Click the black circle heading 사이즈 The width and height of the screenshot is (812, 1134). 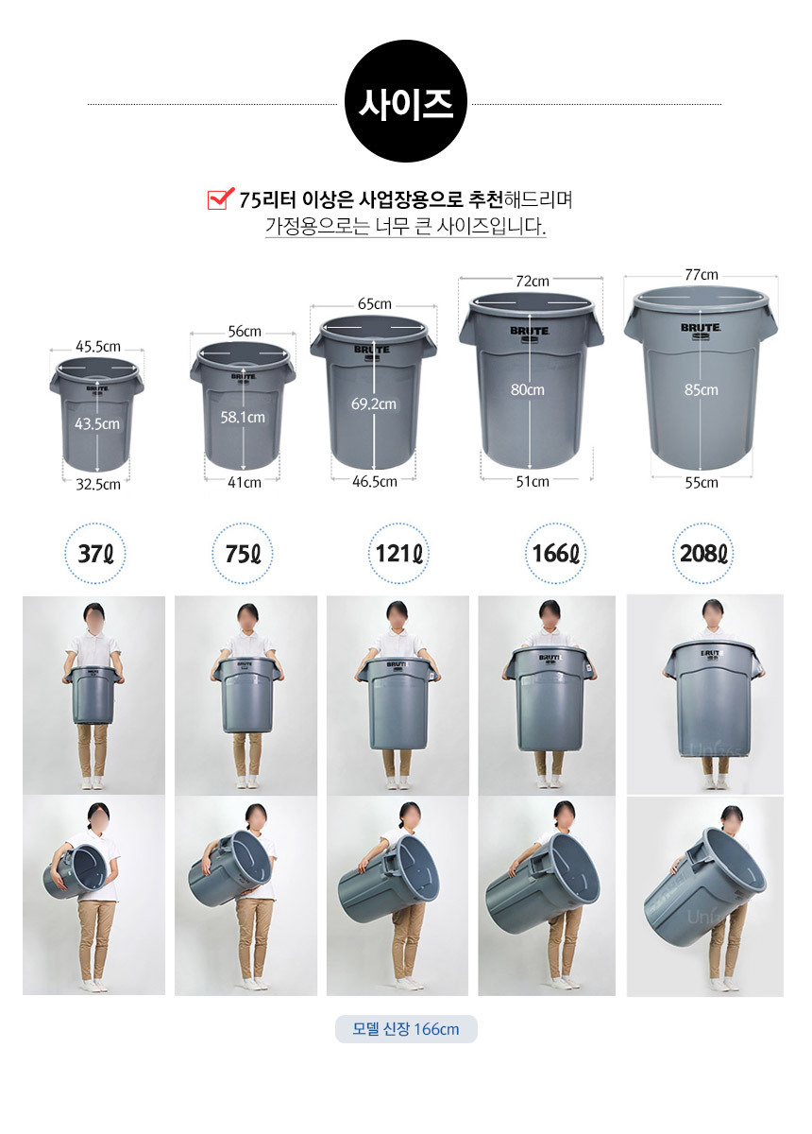[x=405, y=101]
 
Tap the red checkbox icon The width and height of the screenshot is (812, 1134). [x=221, y=198]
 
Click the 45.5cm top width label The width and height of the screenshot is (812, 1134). [x=98, y=347]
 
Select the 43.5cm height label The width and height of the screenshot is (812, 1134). [x=97, y=423]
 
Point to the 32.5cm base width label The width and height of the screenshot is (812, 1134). [x=98, y=485]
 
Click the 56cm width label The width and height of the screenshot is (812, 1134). [x=245, y=332]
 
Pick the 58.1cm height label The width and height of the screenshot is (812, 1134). [x=243, y=418]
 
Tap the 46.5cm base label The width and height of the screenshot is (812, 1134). [x=375, y=481]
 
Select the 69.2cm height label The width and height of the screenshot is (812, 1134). [x=374, y=404]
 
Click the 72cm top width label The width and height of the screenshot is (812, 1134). [x=533, y=282]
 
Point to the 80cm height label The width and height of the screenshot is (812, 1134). [x=528, y=389]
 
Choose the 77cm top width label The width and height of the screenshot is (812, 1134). [x=702, y=275]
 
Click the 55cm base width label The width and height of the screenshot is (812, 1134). [x=702, y=483]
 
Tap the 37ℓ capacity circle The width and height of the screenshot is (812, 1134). [x=95, y=554]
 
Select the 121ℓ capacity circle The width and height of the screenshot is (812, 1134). [x=398, y=554]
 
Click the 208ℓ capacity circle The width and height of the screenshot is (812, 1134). [x=702, y=554]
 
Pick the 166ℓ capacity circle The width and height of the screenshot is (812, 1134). [x=555, y=554]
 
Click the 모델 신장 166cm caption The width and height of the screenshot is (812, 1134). [x=406, y=1029]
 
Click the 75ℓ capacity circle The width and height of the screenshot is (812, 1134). [x=243, y=554]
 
